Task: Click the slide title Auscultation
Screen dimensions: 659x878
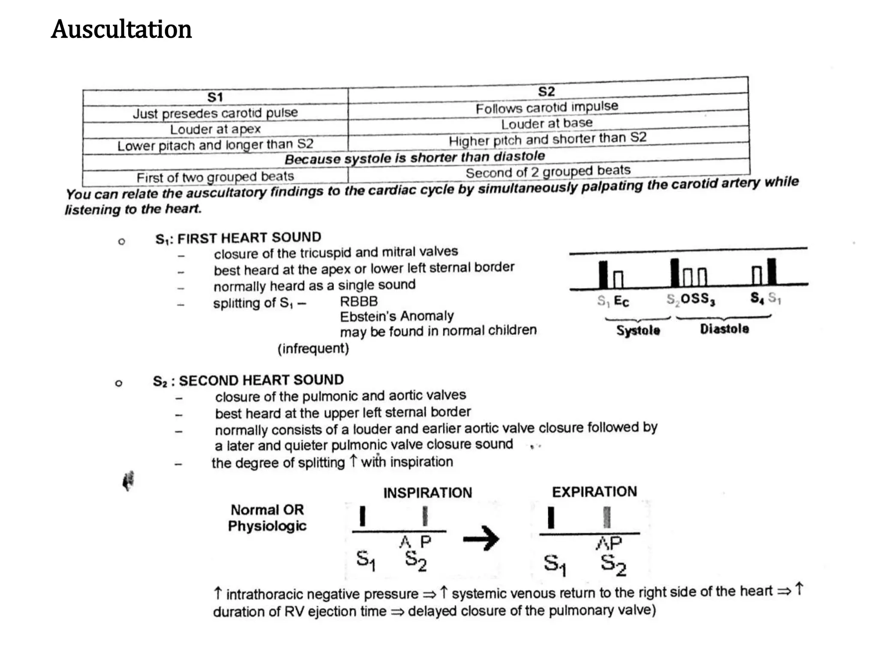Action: (121, 30)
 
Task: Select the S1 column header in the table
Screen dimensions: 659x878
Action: (215, 97)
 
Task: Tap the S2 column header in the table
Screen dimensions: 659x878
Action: (547, 91)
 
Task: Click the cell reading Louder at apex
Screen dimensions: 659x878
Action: (215, 129)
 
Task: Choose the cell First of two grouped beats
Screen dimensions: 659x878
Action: (215, 177)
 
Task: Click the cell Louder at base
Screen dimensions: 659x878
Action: (547, 124)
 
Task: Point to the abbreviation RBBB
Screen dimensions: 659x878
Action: (359, 301)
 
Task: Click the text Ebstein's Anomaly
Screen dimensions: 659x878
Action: (397, 317)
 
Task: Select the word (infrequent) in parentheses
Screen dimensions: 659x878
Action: (313, 348)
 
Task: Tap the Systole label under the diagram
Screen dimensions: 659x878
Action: (638, 330)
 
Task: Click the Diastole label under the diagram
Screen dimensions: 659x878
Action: (725, 329)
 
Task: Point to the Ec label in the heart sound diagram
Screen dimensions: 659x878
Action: (621, 301)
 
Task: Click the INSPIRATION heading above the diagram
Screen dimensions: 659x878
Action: (427, 493)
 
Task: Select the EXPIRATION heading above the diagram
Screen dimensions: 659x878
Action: (594, 492)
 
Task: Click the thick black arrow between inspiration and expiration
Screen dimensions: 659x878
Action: (481, 538)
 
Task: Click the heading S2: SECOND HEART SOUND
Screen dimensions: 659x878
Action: (248, 381)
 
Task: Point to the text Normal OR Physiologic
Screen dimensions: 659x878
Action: (267, 518)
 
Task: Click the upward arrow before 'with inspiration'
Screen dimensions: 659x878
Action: (353, 461)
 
